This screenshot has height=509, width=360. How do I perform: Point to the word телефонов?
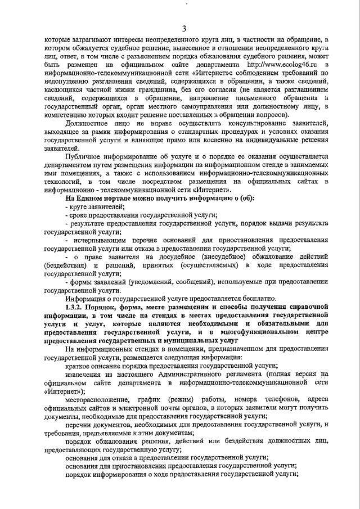click(x=273, y=399)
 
